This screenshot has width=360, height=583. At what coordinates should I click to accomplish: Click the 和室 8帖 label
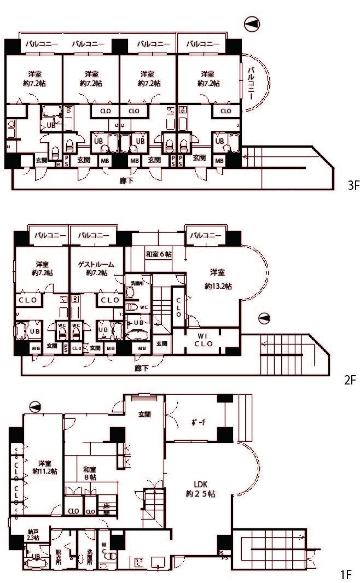tap(90, 473)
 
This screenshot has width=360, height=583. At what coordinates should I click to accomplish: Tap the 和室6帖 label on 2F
tap(159, 254)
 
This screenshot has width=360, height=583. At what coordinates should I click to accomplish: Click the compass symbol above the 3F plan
tap(252, 24)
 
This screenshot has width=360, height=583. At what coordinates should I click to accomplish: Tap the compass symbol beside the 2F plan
tap(264, 318)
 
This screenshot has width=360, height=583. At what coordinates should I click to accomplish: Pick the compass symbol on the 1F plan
tap(36, 405)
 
